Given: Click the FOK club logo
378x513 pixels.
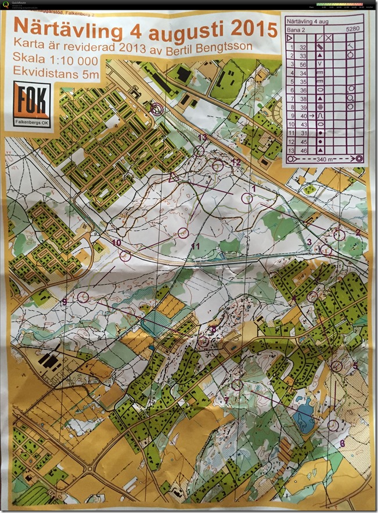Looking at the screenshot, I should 31,104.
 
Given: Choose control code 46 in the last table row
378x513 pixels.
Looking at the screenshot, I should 303,149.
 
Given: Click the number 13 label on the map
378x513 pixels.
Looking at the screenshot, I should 202,136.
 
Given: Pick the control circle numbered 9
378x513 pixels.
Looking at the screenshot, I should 82,297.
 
